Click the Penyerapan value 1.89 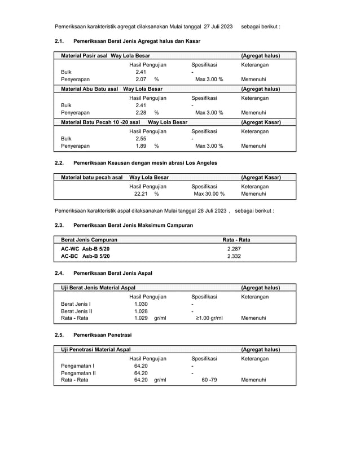141,146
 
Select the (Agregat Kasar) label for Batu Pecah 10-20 261,122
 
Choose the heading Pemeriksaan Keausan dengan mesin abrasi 145,163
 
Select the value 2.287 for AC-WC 234,248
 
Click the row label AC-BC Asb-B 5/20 85,256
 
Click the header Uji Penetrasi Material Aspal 96,350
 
